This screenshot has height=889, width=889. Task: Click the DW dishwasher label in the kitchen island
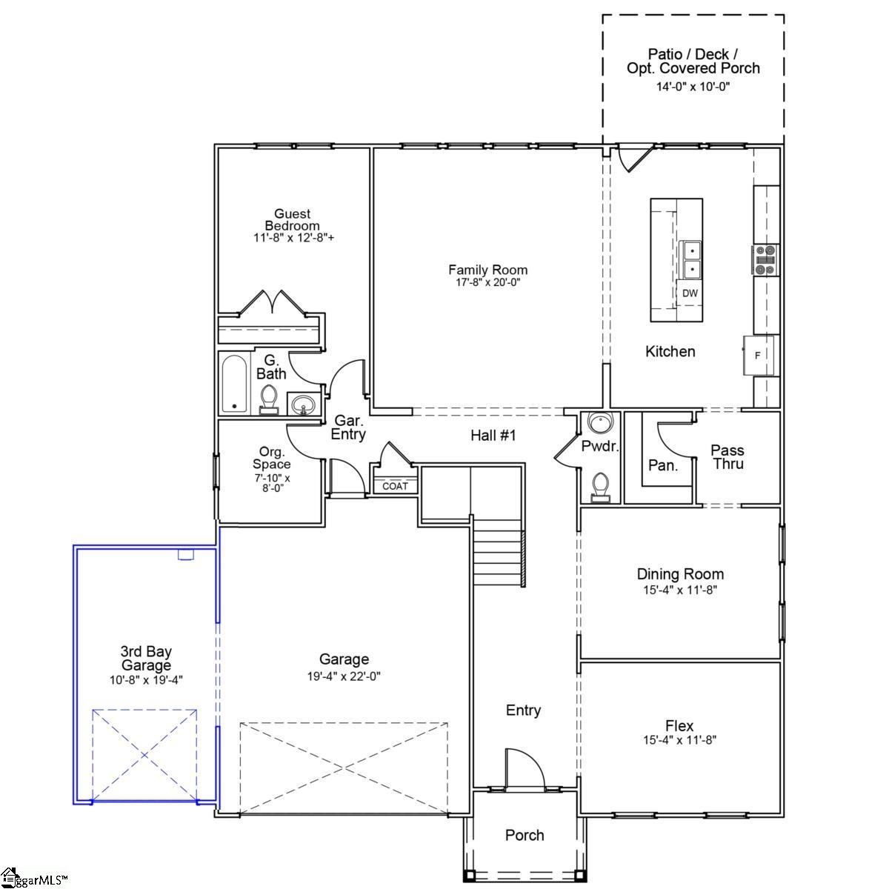click(x=690, y=293)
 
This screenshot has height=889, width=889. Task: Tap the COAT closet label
click(x=395, y=487)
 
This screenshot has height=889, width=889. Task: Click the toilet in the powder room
click(x=601, y=485)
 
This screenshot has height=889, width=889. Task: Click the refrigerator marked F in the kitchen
click(x=758, y=356)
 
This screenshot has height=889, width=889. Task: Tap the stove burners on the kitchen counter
click(x=765, y=260)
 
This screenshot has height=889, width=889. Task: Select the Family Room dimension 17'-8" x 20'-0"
click(x=487, y=282)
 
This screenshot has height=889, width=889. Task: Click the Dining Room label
click(x=680, y=574)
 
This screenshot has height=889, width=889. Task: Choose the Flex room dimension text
click(x=680, y=739)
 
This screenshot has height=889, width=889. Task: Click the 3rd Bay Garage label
click(x=146, y=659)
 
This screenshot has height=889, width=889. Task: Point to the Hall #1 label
click(x=493, y=436)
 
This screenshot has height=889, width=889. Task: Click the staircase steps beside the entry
click(x=499, y=552)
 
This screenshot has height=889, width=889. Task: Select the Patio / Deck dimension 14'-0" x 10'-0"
click(x=693, y=87)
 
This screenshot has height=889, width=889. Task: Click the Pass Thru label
click(x=727, y=457)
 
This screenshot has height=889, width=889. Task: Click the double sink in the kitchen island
click(x=690, y=259)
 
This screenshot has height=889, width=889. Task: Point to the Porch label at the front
click(x=525, y=836)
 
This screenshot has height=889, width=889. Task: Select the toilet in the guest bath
click(x=268, y=399)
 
